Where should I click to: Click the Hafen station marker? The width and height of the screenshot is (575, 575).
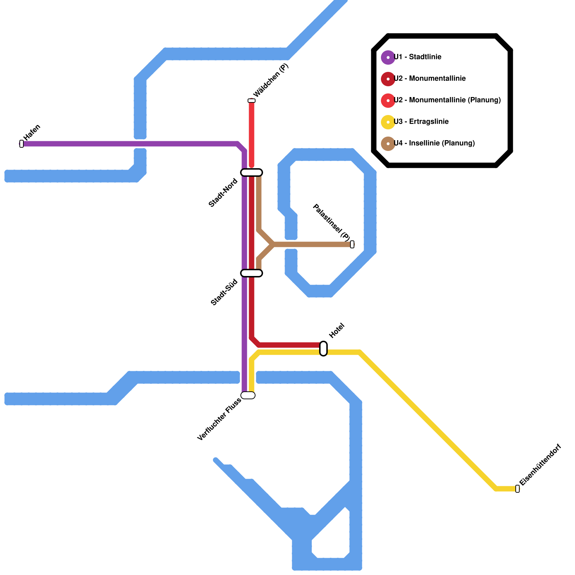point(22,144)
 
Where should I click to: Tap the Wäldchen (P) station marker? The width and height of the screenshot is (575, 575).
point(252,101)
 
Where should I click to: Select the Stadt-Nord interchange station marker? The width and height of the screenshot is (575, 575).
point(252,172)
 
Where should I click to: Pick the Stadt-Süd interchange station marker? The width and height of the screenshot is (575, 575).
point(252,273)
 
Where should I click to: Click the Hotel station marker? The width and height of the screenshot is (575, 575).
point(323,349)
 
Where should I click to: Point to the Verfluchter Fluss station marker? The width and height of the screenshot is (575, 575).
point(248,395)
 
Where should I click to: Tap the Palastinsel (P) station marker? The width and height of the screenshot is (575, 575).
point(352,244)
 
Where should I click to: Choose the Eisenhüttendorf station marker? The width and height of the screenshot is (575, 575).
point(517,489)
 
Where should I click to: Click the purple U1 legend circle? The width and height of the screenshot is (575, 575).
point(388,57)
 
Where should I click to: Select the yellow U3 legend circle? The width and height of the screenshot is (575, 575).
point(388,122)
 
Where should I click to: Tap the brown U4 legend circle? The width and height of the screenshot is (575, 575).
point(388,144)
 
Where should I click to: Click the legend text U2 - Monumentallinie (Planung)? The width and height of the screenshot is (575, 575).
point(447,100)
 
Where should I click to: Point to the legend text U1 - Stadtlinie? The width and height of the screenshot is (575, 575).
point(418,57)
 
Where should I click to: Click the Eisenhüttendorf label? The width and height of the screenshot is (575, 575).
point(540,465)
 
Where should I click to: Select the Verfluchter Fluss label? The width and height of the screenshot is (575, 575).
point(219,419)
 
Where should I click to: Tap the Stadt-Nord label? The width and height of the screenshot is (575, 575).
point(223,193)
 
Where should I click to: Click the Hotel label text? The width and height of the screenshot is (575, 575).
point(337,331)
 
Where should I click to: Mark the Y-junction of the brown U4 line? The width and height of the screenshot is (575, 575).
point(273,244)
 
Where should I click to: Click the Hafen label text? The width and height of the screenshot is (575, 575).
point(32,132)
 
